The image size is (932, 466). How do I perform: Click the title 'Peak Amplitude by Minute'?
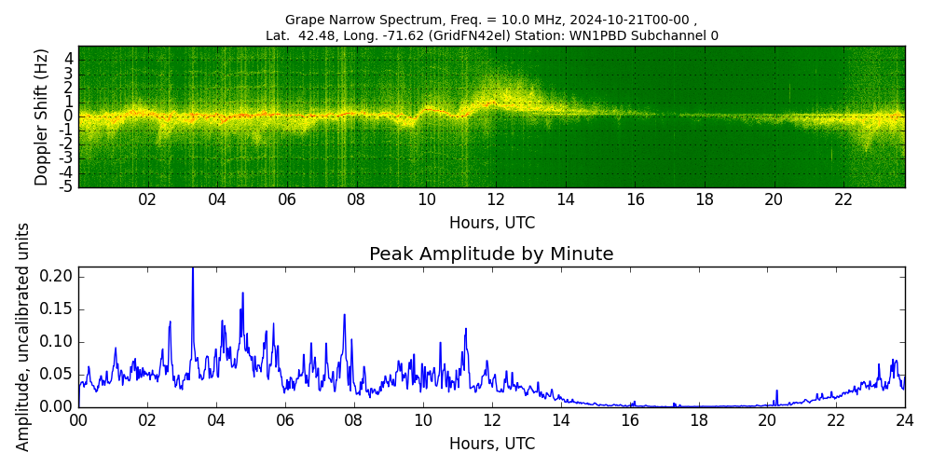491,254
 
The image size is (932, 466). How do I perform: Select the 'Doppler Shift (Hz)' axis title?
42,116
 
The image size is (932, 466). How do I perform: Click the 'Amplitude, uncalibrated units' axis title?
23,336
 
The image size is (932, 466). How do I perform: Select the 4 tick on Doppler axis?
68,59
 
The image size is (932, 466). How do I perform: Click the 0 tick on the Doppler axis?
68,116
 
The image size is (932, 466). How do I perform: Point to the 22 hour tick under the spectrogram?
843,199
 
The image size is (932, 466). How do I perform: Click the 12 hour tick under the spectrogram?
496,199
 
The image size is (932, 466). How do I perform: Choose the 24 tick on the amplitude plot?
904,420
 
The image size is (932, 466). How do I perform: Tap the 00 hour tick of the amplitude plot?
78,420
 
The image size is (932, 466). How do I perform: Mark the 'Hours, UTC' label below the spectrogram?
491,224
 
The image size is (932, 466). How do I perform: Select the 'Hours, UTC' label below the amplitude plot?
491,445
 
